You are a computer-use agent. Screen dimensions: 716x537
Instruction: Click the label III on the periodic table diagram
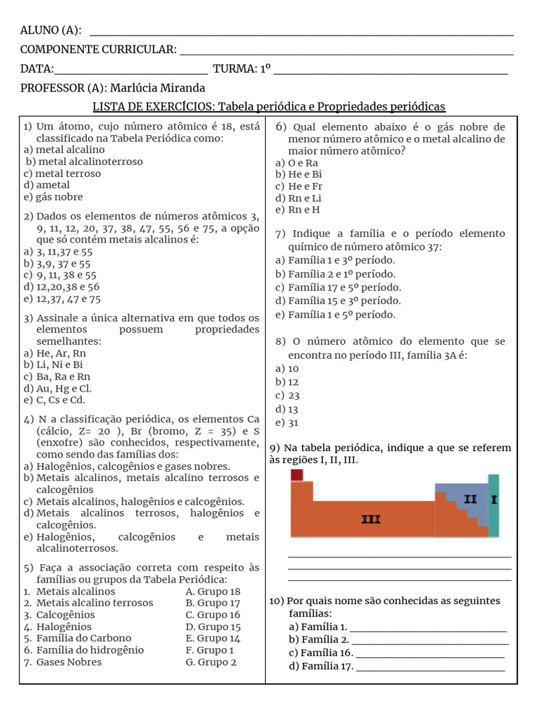point(371,519)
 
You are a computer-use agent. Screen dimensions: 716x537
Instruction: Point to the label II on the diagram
point(470,499)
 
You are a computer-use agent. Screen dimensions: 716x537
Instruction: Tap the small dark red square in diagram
point(296,475)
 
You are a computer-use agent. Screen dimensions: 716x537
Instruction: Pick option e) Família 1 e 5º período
point(335,315)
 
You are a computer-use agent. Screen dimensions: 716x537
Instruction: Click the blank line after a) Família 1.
point(428,627)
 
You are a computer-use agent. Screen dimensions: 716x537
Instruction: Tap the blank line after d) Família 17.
point(431,667)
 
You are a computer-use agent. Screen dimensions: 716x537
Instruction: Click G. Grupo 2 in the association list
point(211,662)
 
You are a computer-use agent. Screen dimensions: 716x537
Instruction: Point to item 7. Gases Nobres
point(62,662)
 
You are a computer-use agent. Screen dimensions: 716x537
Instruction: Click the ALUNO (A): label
point(50,29)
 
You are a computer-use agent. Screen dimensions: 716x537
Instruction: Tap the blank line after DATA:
point(131,69)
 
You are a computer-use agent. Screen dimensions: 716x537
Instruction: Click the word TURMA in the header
point(234,69)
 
